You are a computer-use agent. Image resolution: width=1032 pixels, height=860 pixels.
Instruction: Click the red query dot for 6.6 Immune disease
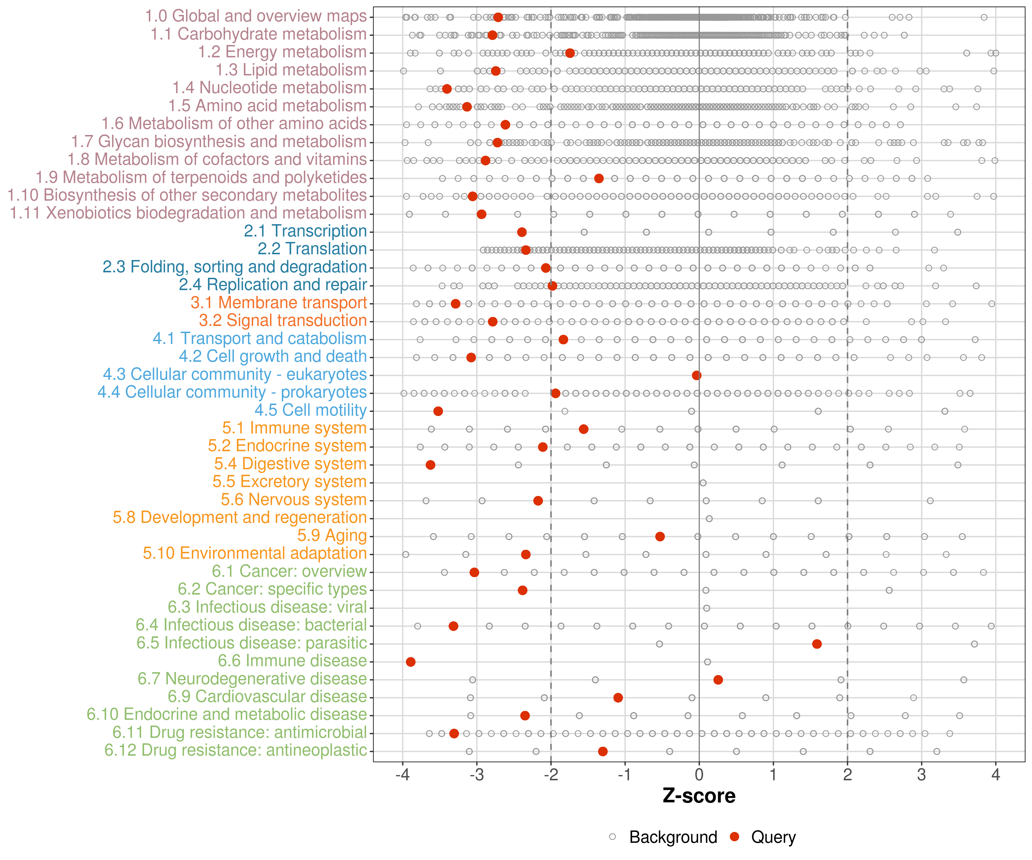click(411, 662)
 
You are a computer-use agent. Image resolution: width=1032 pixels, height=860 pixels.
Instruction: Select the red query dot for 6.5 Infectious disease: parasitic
click(817, 644)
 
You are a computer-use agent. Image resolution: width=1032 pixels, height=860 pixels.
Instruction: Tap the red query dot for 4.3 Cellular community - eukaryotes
click(696, 376)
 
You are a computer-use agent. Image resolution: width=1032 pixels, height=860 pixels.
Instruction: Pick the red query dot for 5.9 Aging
click(660, 537)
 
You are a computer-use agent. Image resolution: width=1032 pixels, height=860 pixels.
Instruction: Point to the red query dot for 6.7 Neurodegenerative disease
click(718, 680)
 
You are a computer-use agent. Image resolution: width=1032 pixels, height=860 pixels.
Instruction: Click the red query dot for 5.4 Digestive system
click(431, 465)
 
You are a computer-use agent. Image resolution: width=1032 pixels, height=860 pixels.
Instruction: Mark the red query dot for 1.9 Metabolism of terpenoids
click(599, 178)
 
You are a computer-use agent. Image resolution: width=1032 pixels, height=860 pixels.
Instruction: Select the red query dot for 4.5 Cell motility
click(438, 411)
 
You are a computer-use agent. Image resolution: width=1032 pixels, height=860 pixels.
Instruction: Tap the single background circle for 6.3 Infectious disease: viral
click(706, 608)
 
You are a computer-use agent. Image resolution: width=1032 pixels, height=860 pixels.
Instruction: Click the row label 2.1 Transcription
click(305, 231)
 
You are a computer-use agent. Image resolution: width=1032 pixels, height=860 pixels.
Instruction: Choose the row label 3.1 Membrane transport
click(279, 303)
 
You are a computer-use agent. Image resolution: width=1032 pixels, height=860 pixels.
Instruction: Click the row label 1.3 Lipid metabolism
click(291, 70)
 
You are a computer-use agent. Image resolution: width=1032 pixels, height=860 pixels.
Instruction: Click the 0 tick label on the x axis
click(699, 775)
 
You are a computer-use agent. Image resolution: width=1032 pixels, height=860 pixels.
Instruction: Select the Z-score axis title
click(699, 796)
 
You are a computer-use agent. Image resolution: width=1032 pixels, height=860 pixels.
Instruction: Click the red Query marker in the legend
click(735, 837)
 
